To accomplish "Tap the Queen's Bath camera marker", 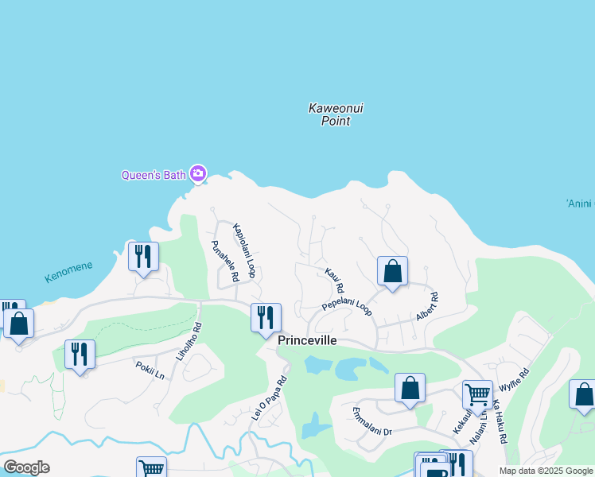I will point(198,173).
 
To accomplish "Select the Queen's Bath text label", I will point(153,175).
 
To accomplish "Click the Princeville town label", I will point(307,340).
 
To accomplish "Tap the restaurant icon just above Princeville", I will point(266,317).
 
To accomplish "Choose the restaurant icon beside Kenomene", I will point(143,256).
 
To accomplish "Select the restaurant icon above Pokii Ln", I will point(80,354).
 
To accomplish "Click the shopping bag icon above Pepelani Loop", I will point(392,271).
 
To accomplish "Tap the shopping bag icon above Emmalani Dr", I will point(410,388).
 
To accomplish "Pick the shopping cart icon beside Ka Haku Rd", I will point(477,394).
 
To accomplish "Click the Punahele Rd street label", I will point(224,262).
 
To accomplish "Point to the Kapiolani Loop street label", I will point(243,250).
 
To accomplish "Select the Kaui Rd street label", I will point(334,280).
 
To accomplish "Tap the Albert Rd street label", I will point(427,307).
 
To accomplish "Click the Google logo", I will point(26,467).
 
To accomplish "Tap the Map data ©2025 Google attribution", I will point(545,471).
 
